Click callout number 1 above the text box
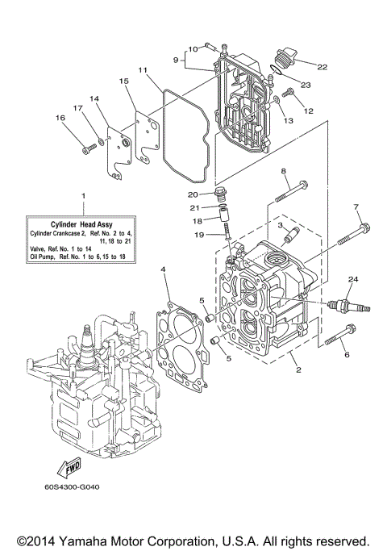pyautogui.click(x=82, y=196)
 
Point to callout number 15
pyautogui.click(x=123, y=81)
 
